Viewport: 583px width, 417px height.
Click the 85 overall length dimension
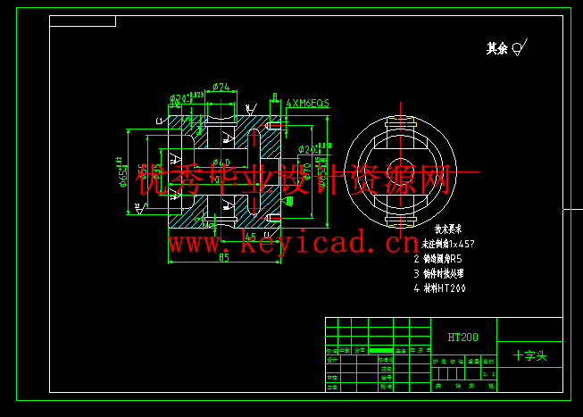pos(223,258)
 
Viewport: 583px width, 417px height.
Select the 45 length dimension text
pos(252,238)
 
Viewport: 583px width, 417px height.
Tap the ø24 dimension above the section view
pos(222,88)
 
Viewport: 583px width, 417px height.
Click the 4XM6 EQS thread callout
pos(307,104)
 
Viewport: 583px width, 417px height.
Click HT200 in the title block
pos(463,338)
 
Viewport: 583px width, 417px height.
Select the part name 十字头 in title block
pos(529,354)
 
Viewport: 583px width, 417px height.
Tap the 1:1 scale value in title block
pos(487,375)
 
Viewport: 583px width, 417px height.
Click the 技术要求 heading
pos(437,229)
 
